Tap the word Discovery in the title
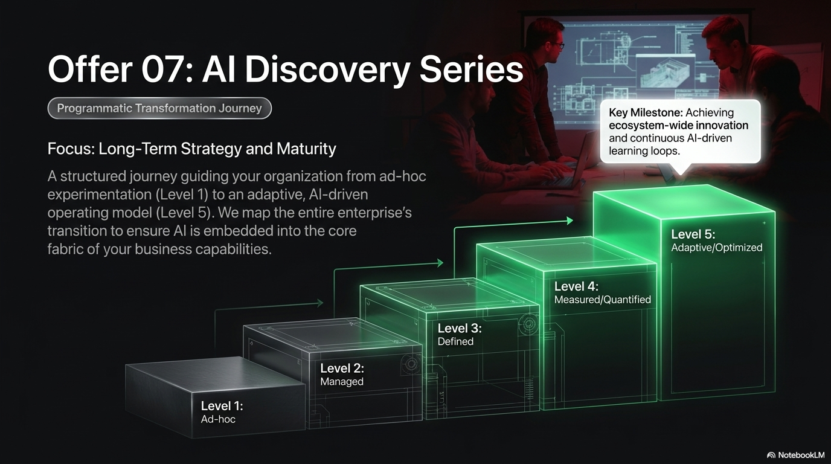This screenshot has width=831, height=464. [x=327, y=70]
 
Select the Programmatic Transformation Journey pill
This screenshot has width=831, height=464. [x=159, y=108]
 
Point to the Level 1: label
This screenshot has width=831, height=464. [x=222, y=406]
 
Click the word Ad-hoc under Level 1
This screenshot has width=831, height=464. [x=218, y=419]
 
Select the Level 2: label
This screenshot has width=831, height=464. [x=342, y=368]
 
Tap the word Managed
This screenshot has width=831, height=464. [x=342, y=382]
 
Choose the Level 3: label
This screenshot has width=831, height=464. [x=460, y=328]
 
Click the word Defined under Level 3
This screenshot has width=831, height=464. [x=455, y=341]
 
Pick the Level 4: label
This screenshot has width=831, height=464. [x=576, y=286]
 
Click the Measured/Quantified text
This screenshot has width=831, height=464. [x=603, y=300]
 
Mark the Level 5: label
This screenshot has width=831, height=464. [x=693, y=234]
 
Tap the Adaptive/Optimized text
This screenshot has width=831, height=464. [x=717, y=248]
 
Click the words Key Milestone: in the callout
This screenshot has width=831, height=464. [x=646, y=112]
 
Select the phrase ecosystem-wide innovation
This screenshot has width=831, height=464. [x=679, y=125]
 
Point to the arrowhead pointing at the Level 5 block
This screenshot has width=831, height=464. [x=570, y=221]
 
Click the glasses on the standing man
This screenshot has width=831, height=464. [x=556, y=47]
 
